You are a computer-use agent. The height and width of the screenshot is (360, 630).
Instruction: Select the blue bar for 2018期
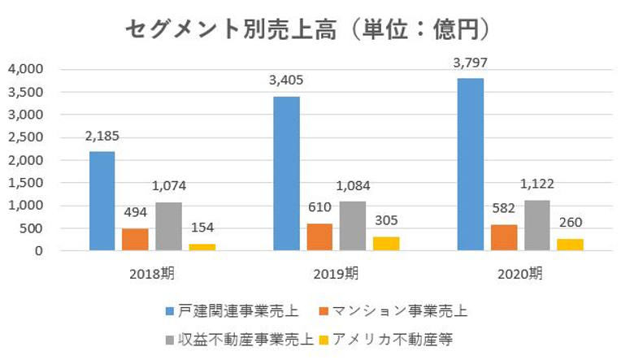point(102,201)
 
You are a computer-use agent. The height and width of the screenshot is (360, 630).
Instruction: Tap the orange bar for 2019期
point(319,236)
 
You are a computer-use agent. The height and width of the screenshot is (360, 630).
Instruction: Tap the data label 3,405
point(286,80)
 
